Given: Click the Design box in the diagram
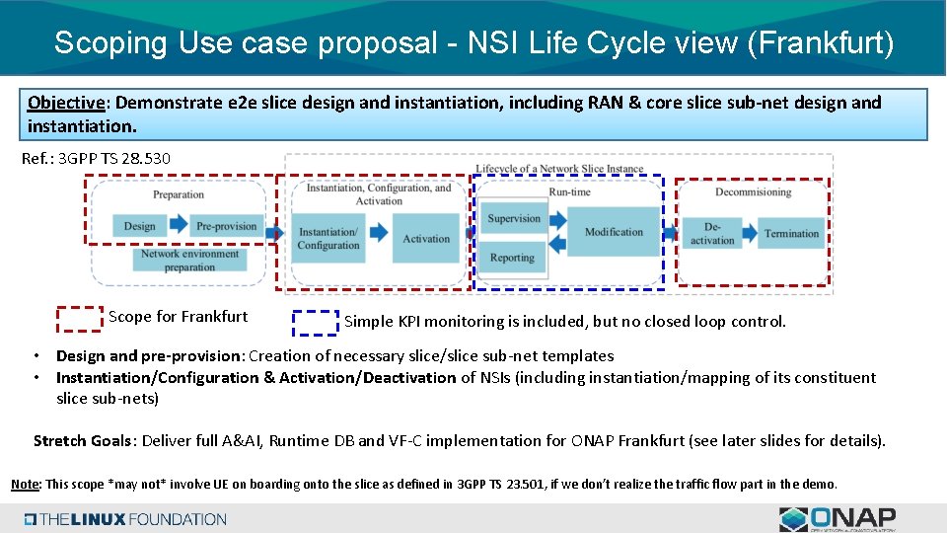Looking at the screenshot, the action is coord(139,226).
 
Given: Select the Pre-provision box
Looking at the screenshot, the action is coord(226,226).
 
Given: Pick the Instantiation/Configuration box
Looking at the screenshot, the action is coord(328,239).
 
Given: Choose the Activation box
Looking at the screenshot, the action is coord(426,239).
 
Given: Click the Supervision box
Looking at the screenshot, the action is coord(514,219).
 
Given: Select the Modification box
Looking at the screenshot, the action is coord(614,232).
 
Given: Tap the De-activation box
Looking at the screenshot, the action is coord(712,234).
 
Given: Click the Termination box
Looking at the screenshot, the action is coord(791,234).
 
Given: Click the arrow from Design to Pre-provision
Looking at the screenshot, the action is coord(178,226).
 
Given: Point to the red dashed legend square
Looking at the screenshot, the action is coord(79,319).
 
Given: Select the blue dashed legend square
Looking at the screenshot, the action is coord(316,323).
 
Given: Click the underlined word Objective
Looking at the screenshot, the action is coord(66,103).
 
